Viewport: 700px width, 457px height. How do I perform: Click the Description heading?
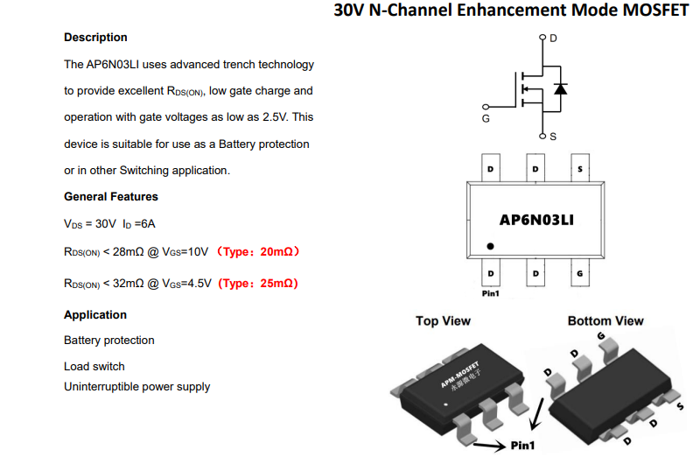point(95,38)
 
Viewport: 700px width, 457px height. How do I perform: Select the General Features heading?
point(111,197)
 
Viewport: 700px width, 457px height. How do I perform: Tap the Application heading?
point(95,314)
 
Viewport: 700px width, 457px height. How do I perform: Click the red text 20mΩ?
point(276,252)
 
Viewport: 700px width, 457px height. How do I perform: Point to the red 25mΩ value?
point(276,284)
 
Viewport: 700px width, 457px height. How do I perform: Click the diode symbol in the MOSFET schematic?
point(560,89)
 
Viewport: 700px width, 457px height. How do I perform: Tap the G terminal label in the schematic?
point(486,118)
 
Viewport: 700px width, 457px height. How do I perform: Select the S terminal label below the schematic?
point(553,137)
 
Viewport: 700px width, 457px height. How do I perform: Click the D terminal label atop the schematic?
point(553,39)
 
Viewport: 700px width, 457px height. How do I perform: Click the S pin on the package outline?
point(580,168)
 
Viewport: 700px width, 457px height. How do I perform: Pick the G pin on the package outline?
point(580,272)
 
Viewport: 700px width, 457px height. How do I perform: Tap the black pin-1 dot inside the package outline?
point(490,246)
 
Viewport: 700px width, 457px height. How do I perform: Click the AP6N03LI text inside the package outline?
point(536,220)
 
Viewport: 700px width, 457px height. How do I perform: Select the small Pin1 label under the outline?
point(490,293)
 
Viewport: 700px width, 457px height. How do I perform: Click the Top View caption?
point(443,320)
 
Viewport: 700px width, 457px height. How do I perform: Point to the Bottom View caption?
point(605,320)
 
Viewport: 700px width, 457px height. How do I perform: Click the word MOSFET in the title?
point(655,11)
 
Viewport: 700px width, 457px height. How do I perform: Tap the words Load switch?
point(94,366)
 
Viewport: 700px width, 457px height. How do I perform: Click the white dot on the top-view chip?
point(445,404)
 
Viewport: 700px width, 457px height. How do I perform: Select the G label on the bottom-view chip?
point(601,336)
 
